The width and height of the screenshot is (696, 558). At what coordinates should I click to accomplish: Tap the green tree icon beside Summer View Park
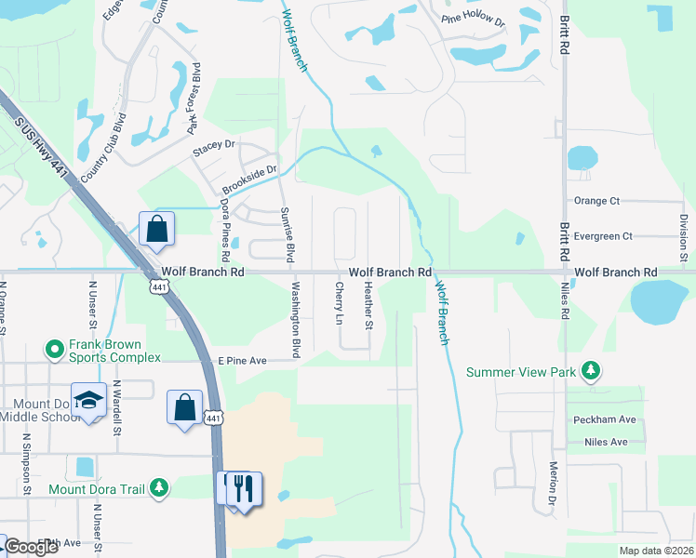(590, 371)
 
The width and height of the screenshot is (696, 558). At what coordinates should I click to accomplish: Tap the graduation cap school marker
(88, 400)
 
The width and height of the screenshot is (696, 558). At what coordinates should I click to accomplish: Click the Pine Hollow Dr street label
(473, 20)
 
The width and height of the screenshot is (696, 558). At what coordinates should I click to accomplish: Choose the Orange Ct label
(596, 201)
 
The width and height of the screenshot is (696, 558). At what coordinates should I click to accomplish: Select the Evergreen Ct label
(603, 236)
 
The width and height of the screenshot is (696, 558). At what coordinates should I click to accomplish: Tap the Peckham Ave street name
(604, 419)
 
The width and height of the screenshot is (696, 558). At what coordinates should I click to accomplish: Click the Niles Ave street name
(607, 443)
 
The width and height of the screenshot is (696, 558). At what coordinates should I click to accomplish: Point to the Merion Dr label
(553, 484)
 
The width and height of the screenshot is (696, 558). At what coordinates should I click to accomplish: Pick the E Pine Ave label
(242, 361)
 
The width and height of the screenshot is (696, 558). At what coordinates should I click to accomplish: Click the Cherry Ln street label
(339, 304)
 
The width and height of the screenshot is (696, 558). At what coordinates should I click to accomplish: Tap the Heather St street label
(368, 306)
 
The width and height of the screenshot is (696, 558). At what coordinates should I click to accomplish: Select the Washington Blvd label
(297, 320)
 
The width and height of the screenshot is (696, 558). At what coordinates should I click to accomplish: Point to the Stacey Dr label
(215, 146)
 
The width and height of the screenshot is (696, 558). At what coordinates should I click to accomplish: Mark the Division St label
(683, 238)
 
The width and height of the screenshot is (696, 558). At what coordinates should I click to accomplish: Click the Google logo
(32, 547)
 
